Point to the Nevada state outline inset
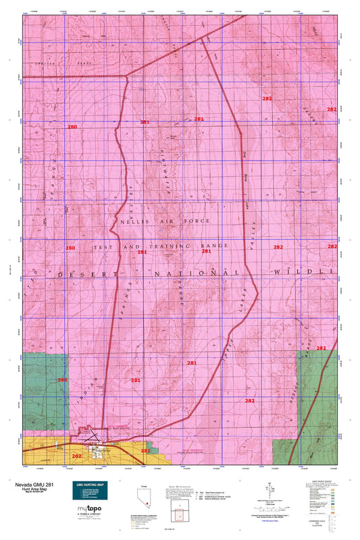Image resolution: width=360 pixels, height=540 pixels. pos(143,497)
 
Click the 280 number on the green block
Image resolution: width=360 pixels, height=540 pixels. pos(62,380)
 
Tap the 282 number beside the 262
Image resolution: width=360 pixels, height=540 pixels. pos(145,450)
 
